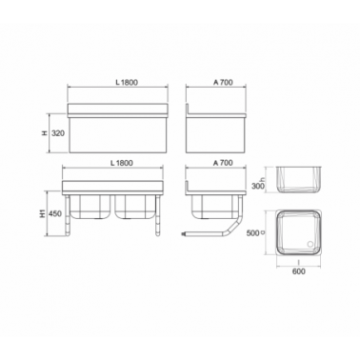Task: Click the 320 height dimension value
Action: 58,133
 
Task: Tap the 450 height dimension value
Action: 55,213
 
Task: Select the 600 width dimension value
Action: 299,271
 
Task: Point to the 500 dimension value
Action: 252,233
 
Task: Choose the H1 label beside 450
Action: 43,213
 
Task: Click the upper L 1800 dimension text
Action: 127,82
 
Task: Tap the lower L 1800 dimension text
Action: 121,163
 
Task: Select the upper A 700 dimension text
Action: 223,82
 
